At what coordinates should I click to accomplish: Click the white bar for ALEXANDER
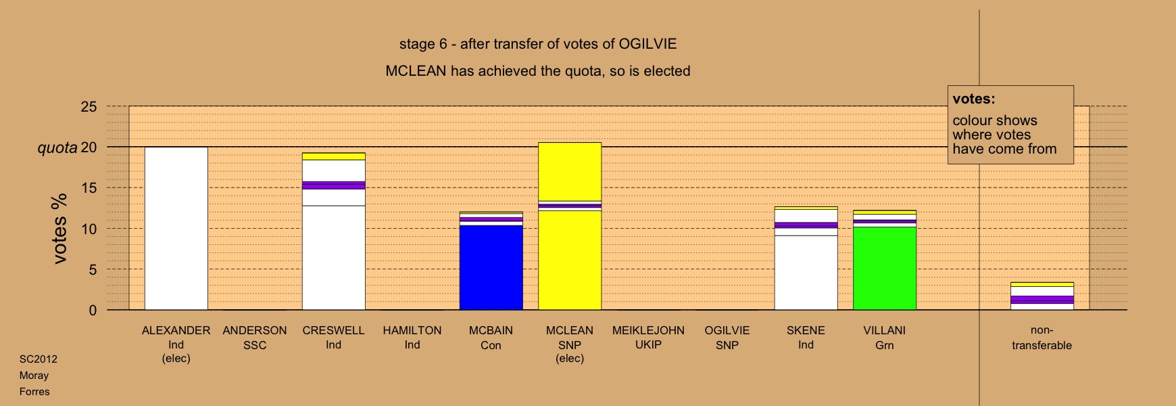[176, 228]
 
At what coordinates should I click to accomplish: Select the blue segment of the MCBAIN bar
[491, 268]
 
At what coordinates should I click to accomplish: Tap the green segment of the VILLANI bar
[885, 268]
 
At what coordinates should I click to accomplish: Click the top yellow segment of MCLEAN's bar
[570, 172]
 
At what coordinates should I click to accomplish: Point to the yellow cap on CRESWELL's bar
[334, 156]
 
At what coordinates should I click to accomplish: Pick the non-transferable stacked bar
[1042, 296]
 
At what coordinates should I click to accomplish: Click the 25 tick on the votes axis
[89, 107]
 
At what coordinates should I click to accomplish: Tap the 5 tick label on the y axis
[93, 269]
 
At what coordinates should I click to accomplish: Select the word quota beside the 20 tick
[57, 148]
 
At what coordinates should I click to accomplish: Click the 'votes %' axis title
[59, 229]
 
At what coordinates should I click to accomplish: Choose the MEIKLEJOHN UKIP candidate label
[648, 338]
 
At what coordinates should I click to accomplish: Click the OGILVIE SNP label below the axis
[727, 338]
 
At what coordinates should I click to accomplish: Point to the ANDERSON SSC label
[255, 338]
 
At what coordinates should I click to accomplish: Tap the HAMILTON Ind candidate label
[412, 338]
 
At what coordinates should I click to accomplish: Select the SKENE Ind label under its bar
[806, 338]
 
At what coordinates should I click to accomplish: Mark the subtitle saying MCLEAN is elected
[538, 71]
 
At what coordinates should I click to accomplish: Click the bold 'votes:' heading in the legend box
[974, 99]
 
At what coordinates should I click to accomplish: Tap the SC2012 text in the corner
[39, 359]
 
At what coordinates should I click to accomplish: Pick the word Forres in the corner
[34, 392]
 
